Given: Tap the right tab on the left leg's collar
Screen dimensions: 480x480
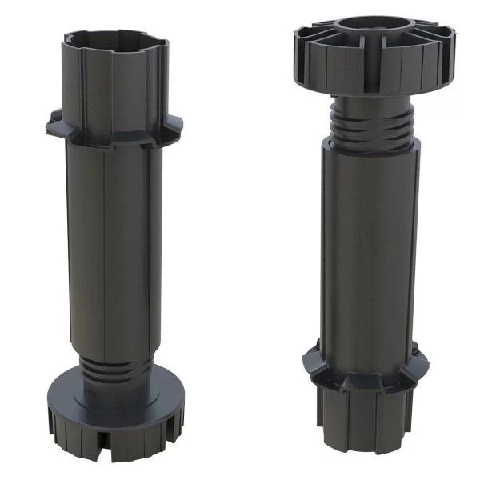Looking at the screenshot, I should coord(173,122).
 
